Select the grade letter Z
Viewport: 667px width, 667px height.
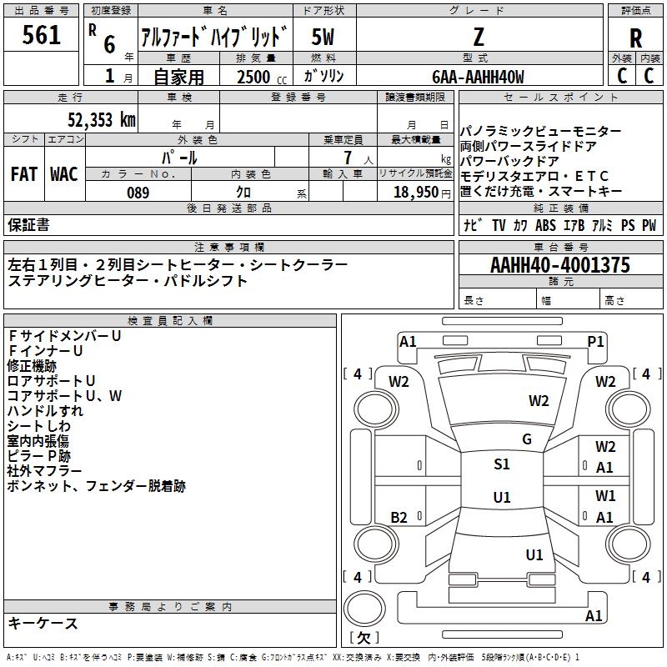click(479, 36)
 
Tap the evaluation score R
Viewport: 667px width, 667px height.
click(635, 38)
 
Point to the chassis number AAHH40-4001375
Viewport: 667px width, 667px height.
click(560, 266)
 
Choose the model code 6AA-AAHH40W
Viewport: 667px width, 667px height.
click(479, 78)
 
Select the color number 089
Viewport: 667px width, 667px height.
click(138, 193)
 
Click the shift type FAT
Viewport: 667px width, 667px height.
click(23, 174)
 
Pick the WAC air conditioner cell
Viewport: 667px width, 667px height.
click(63, 174)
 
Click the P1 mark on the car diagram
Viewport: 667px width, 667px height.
click(595, 341)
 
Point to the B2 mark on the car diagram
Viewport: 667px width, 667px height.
click(399, 518)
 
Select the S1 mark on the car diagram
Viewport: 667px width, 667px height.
click(501, 464)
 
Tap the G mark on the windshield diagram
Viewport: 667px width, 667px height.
click(526, 439)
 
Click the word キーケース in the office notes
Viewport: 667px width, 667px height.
click(43, 624)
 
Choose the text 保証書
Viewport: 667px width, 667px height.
click(28, 225)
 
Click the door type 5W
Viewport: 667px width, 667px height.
click(323, 36)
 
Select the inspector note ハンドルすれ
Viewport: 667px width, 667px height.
click(45, 411)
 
